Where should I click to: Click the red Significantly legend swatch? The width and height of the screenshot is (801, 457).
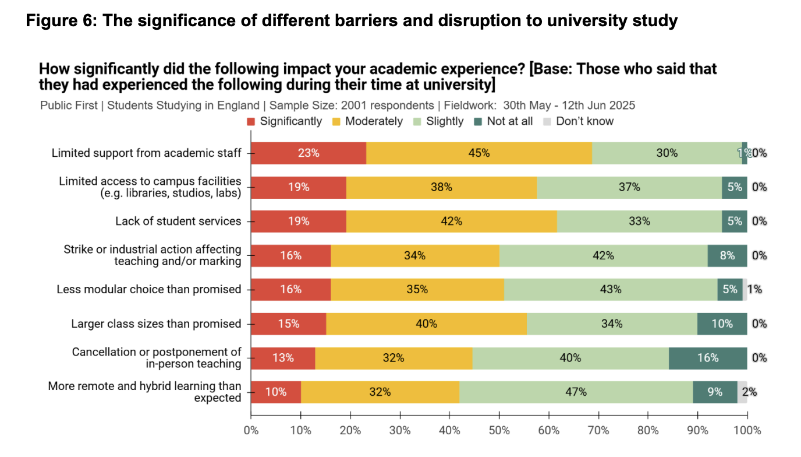coord(251,122)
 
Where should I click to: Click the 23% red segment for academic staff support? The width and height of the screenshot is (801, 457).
coord(309,153)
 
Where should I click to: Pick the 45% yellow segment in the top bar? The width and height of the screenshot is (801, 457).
coord(479,153)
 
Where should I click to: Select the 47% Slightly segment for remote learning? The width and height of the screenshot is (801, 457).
coord(576,392)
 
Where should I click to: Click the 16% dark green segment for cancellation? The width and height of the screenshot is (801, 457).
coord(708,358)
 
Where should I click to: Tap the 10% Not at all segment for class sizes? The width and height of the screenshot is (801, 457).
coord(722,324)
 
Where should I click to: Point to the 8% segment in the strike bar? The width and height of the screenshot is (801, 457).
coord(727,255)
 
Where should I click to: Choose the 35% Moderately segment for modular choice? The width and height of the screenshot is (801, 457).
coord(417,290)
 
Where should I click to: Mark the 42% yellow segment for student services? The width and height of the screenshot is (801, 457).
coord(451,222)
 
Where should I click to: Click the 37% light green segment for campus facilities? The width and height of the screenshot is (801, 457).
coord(629,187)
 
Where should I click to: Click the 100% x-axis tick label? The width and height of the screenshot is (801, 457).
coord(747,431)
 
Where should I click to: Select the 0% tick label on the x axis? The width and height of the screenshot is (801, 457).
coord(251,431)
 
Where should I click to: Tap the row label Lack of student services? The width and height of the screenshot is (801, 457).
coord(178,222)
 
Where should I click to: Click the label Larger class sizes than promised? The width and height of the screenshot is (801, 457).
coord(156,324)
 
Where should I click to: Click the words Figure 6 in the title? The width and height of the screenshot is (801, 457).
coord(57,22)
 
